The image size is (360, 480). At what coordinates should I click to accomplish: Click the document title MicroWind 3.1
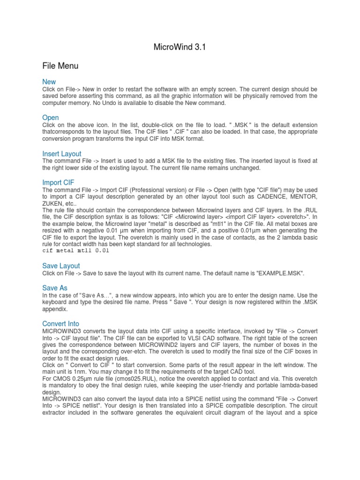(180, 47)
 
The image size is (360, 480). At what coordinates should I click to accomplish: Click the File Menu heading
(60, 66)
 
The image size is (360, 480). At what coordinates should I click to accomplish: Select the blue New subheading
(49, 82)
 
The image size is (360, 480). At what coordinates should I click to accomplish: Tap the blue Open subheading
(51, 118)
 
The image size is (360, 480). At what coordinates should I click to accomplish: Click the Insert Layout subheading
(62, 154)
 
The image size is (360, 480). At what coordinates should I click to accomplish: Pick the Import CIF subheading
(59, 182)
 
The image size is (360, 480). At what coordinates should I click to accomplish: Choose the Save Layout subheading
(61, 266)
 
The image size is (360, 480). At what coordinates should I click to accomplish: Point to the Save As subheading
(55, 288)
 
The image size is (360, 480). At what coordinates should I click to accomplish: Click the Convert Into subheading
(61, 324)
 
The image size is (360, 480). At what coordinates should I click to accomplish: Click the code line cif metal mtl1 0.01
(75, 251)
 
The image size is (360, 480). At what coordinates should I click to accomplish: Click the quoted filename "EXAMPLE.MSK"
(280, 273)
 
